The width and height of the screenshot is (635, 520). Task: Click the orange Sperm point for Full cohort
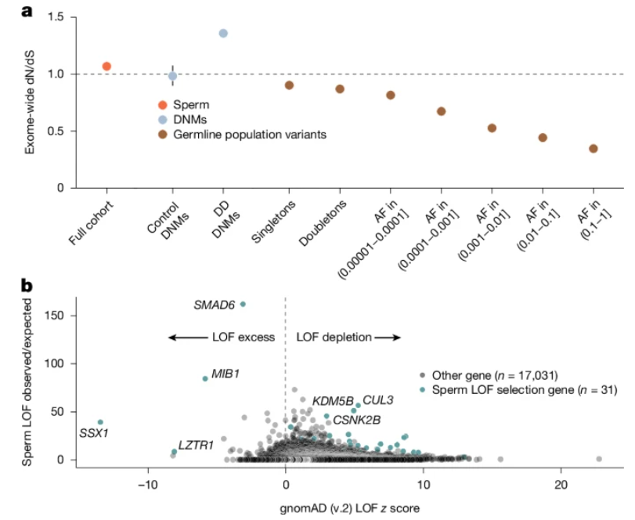coord(106,66)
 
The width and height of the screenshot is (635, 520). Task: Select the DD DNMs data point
coord(223,33)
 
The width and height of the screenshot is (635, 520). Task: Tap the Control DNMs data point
coord(173,76)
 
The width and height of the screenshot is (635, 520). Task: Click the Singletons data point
coord(289,85)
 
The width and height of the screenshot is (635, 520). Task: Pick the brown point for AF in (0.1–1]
coord(594,149)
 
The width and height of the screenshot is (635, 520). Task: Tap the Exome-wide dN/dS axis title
coord(29,102)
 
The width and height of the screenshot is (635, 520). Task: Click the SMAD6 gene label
coord(215,304)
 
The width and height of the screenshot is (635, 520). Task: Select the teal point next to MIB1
coord(205,378)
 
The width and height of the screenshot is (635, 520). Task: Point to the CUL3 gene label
coord(378,400)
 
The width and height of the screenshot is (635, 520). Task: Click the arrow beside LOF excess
coord(187,338)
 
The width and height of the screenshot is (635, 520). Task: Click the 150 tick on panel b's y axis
coord(64,315)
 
